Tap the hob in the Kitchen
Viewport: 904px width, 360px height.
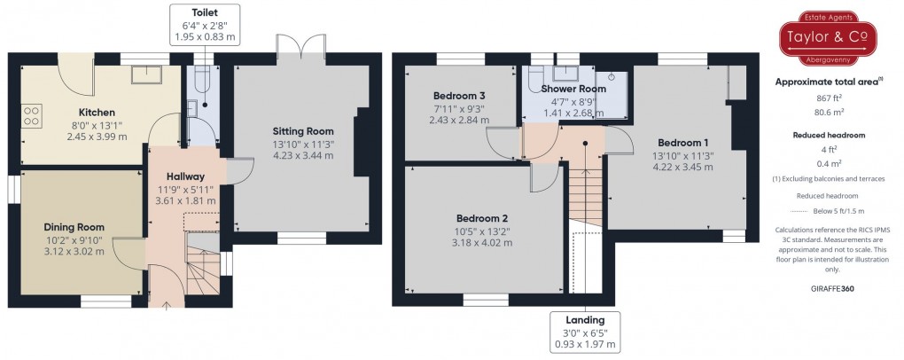pyautogui.click(x=30, y=115)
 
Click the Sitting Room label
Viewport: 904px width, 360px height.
pyautogui.click(x=303, y=130)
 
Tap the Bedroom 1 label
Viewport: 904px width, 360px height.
pyautogui.click(x=682, y=142)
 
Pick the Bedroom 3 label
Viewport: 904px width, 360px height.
pyautogui.click(x=458, y=96)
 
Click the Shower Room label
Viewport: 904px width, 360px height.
pyautogui.click(x=573, y=89)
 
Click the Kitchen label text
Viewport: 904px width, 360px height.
pyautogui.click(x=97, y=113)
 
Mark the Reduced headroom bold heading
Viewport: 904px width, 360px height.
pyautogui.click(x=828, y=136)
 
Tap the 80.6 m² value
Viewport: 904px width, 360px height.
pyautogui.click(x=828, y=113)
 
